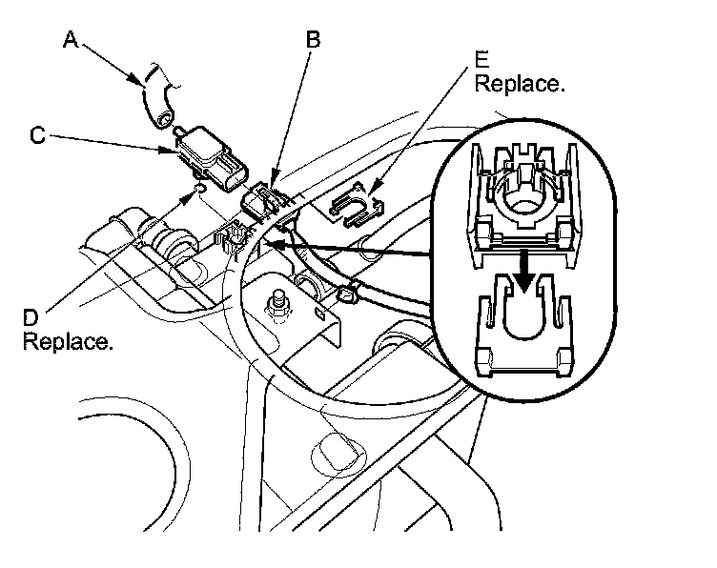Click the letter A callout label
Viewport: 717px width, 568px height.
[70, 39]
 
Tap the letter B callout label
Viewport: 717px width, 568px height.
[313, 39]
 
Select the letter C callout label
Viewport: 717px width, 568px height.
[37, 135]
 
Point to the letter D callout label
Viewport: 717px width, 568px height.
[31, 315]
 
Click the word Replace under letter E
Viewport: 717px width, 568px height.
[520, 84]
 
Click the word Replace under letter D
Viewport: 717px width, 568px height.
[68, 340]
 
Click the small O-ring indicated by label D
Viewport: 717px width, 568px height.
[198, 190]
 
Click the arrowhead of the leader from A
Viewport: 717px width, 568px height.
[144, 84]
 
